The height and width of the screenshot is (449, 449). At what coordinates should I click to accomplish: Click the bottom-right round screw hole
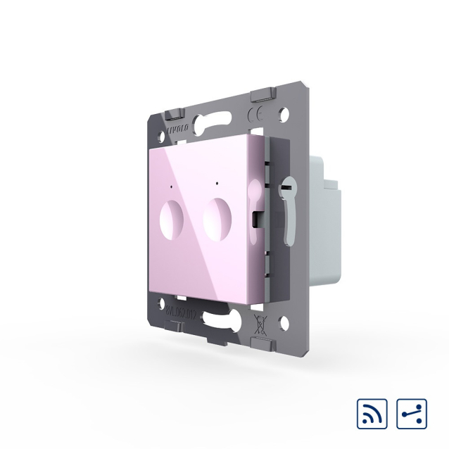(x=284, y=324)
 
